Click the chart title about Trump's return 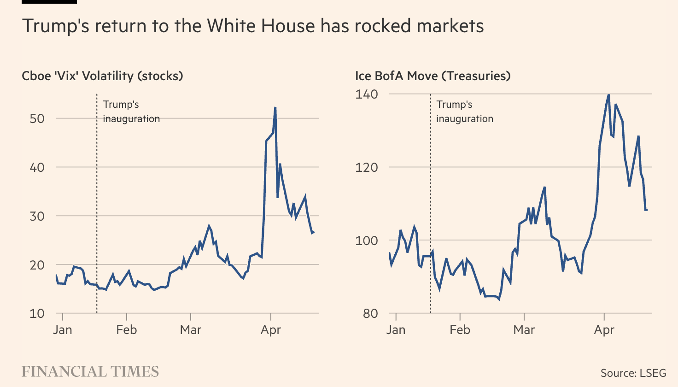click(x=253, y=26)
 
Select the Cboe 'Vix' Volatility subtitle click(x=102, y=76)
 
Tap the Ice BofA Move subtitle click(x=433, y=76)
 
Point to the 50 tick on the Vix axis click(x=37, y=119)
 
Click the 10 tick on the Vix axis click(x=37, y=314)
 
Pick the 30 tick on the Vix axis click(x=37, y=216)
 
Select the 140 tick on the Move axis click(x=367, y=94)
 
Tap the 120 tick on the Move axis click(x=367, y=167)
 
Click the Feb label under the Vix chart click(x=126, y=330)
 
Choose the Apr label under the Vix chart click(x=271, y=330)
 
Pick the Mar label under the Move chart click(x=524, y=330)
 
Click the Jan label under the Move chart click(x=396, y=330)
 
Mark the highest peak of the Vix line click(x=275, y=108)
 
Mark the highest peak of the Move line click(x=608, y=95)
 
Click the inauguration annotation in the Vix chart click(x=131, y=111)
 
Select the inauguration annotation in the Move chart click(x=464, y=111)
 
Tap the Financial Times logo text click(x=90, y=372)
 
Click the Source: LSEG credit click(x=633, y=373)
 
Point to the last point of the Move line click(x=647, y=210)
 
